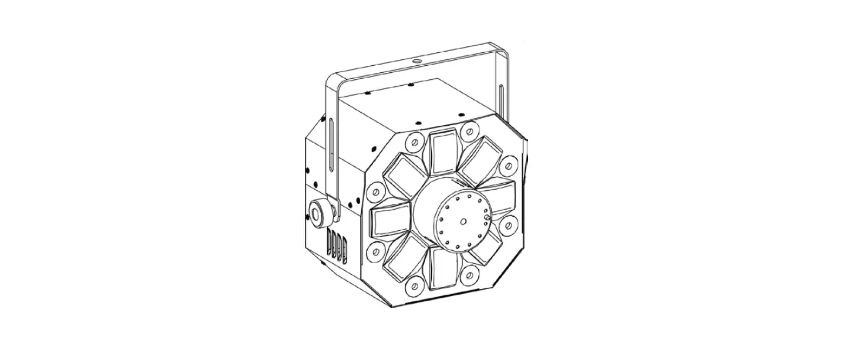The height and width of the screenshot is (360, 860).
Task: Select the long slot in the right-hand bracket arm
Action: pyautogui.click(x=500, y=100)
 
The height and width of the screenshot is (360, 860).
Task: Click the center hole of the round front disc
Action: pyautogui.click(x=463, y=222)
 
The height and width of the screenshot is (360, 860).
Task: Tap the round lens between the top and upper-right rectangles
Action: pyautogui.click(x=468, y=130)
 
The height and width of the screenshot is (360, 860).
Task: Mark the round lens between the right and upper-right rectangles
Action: pyautogui.click(x=509, y=164)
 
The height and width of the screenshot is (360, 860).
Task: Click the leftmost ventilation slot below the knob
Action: pyautogui.click(x=330, y=242)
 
